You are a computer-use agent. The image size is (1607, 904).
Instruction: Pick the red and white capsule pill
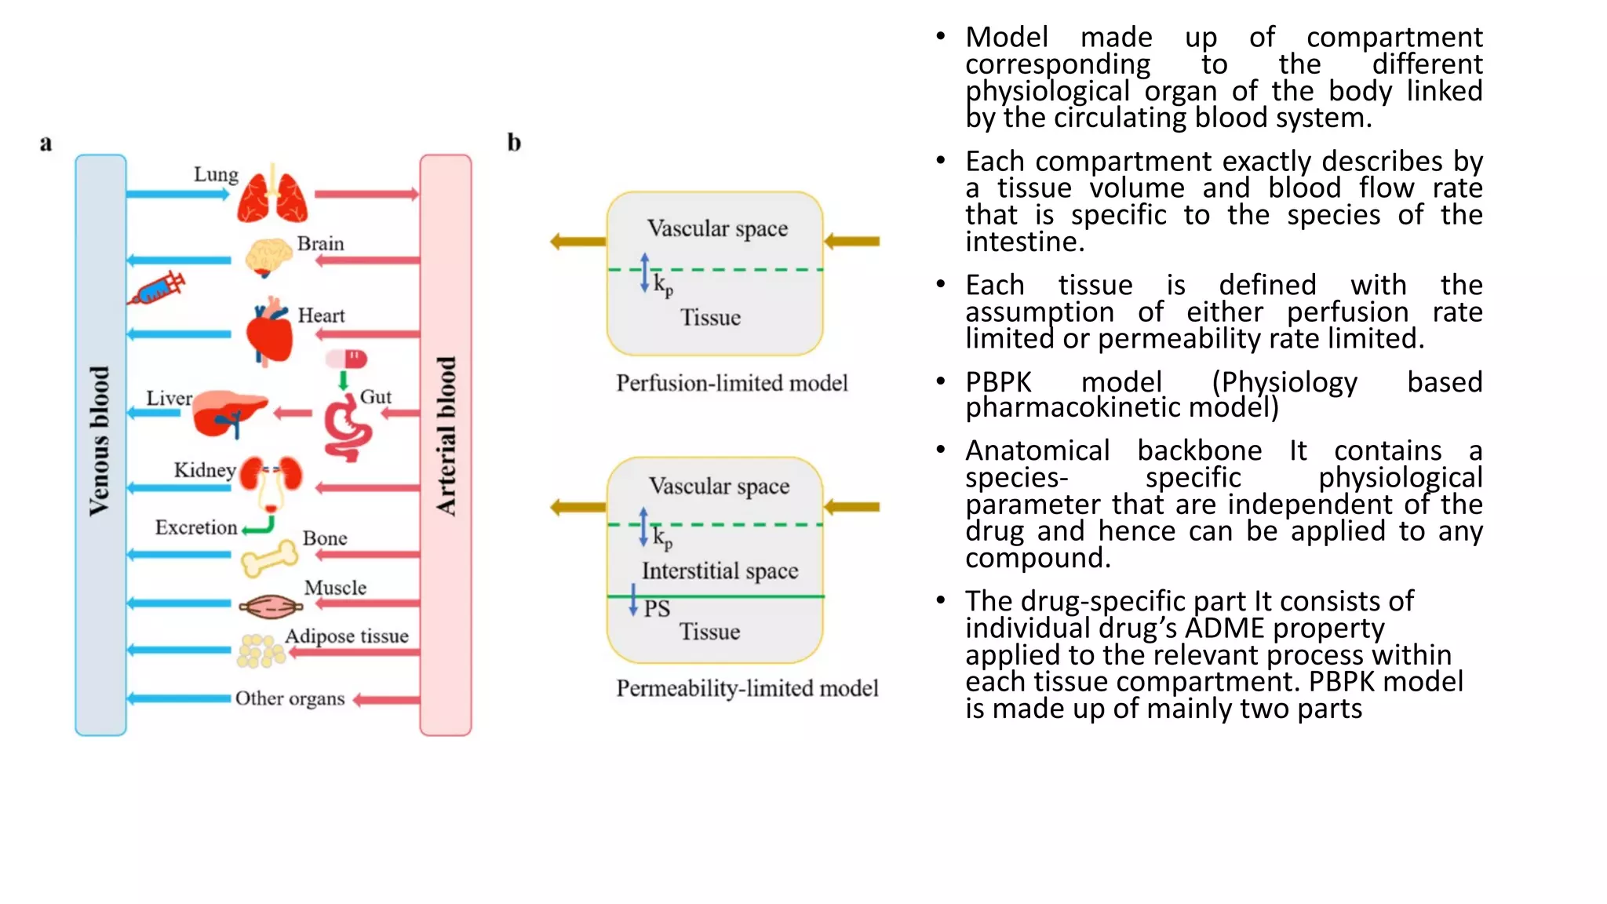tap(346, 359)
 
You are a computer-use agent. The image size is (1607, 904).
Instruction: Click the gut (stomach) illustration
tap(348, 428)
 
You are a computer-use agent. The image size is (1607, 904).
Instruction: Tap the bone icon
tap(269, 558)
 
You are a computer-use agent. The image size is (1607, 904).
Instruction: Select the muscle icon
tap(271, 606)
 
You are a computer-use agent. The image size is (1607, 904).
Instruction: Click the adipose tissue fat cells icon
tap(261, 651)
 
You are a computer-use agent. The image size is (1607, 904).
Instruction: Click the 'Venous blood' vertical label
tap(100, 441)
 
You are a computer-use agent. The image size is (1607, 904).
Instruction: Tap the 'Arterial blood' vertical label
tap(446, 436)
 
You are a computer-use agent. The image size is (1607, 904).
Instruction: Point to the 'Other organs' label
tap(290, 698)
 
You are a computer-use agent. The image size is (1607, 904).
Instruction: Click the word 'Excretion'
tap(195, 527)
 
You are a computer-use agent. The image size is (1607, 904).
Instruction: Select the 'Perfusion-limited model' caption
tap(731, 383)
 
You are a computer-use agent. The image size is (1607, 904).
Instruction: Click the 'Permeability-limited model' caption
tap(746, 688)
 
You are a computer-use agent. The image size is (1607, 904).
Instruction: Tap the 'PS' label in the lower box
tap(657, 609)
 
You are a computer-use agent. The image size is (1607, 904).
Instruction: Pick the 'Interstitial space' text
tap(720, 570)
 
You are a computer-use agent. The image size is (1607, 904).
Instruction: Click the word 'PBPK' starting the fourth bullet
tap(998, 382)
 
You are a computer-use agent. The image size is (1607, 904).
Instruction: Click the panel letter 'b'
tap(514, 142)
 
